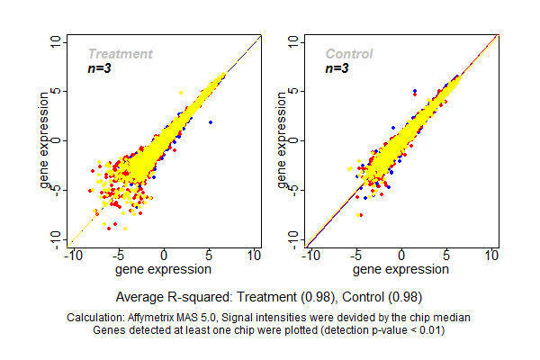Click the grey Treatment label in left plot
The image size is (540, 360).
(x=120, y=54)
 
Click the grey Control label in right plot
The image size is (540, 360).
(x=348, y=54)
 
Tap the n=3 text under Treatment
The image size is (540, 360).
(x=101, y=68)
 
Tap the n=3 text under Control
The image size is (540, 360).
(x=337, y=68)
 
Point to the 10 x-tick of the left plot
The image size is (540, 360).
(x=255, y=256)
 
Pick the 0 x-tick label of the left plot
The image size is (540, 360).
(x=164, y=256)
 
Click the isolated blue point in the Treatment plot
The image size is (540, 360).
(x=211, y=121)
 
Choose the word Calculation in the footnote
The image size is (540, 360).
(x=98, y=318)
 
